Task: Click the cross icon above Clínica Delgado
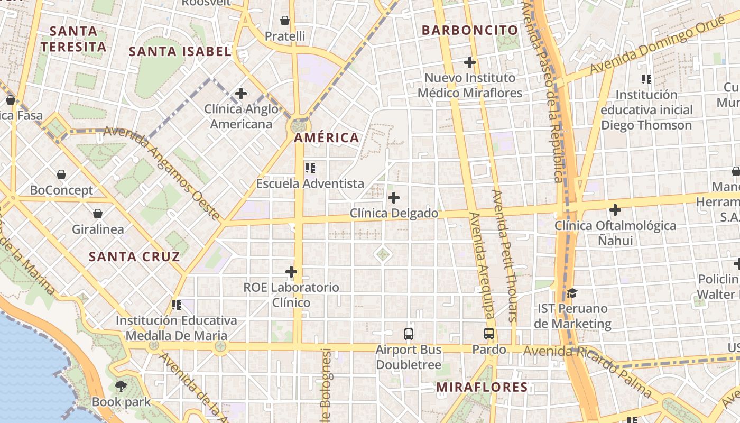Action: click(393, 198)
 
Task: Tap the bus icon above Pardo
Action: click(489, 334)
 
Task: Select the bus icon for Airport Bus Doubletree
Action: click(409, 334)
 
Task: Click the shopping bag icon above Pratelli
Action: click(285, 21)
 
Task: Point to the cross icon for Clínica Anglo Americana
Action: click(241, 94)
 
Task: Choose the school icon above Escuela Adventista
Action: click(310, 168)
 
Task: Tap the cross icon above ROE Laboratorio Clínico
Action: click(291, 272)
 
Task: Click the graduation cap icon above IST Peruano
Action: click(572, 293)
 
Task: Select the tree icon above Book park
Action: click(121, 386)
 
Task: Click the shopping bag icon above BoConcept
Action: click(61, 174)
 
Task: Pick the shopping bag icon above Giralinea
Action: click(98, 214)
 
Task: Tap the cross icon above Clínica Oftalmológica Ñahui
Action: click(615, 210)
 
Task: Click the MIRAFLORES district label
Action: click(482, 387)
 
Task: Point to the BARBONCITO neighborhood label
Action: click(469, 30)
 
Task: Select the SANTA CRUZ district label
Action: click(134, 257)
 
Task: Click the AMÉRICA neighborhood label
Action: click(326, 138)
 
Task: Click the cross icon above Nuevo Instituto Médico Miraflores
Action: click(469, 62)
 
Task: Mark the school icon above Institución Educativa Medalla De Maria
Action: click(177, 305)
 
